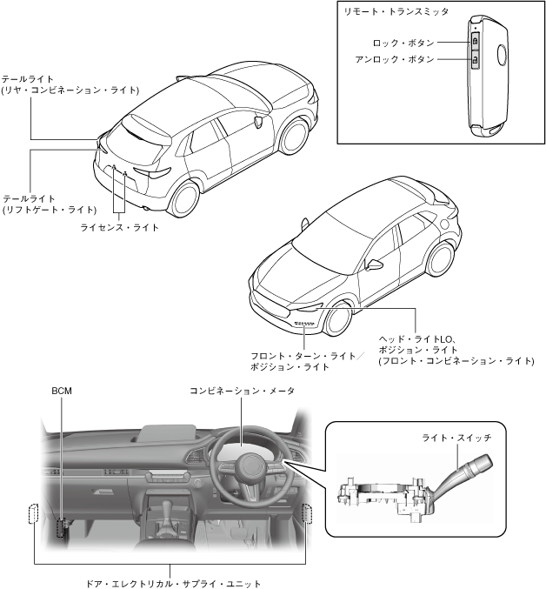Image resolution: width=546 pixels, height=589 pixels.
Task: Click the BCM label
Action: pos(61,392)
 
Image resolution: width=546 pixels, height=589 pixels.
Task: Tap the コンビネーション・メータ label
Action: pos(242,392)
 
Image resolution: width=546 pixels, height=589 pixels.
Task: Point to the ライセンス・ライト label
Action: pos(119,227)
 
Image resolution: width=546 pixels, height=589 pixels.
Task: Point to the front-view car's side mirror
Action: pos(376,264)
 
